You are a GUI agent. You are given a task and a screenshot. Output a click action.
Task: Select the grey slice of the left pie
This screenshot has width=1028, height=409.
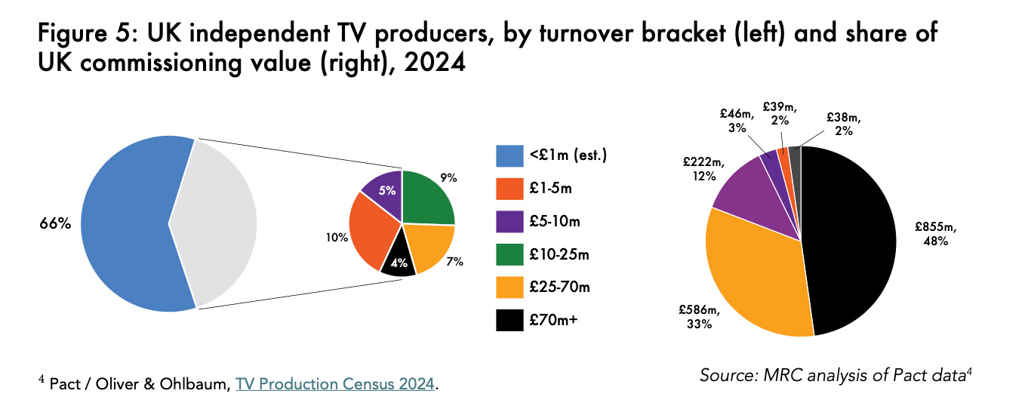219,223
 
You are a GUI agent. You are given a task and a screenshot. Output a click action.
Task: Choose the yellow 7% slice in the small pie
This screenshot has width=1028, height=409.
431,248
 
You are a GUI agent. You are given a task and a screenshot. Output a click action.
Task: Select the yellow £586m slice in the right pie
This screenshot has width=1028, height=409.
755,272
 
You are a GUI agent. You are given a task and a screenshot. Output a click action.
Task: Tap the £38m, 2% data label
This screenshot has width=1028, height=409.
843,124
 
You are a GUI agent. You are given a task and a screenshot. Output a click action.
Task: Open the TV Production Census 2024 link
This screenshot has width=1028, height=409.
335,385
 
